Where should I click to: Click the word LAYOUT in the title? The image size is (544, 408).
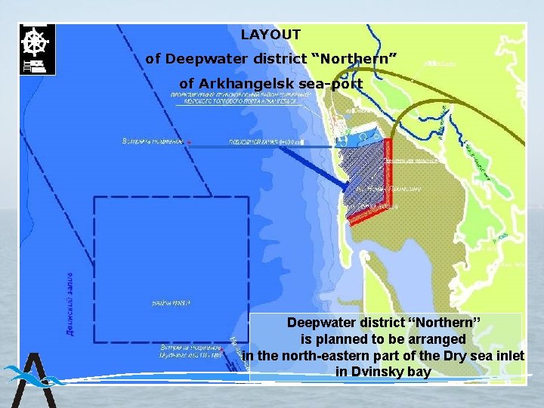[x=270, y=35]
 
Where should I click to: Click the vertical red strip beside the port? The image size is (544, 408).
[x=388, y=174]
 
